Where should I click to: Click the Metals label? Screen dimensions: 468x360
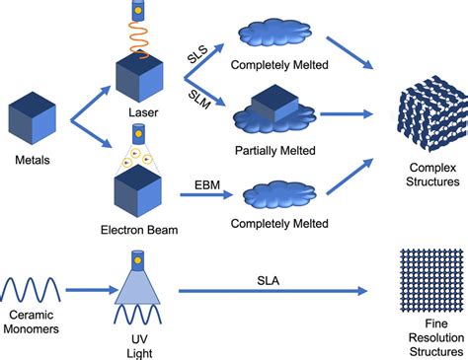(x=33, y=160)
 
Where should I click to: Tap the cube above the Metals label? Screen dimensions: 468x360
(x=33, y=118)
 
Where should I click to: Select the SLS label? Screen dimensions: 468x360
(x=197, y=54)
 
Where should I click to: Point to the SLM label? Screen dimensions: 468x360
(x=199, y=100)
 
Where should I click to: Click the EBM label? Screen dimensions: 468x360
(x=207, y=185)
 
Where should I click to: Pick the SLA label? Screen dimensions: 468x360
(x=268, y=281)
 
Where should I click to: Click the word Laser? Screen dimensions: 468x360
(x=143, y=112)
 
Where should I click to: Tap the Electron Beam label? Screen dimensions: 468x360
(x=139, y=230)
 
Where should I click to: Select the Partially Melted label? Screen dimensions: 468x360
(x=275, y=151)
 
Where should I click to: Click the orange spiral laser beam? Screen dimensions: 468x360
(x=138, y=39)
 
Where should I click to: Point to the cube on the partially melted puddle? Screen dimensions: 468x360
(x=274, y=103)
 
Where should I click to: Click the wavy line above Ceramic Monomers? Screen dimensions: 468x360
(x=31, y=289)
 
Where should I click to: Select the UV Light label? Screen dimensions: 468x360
(x=139, y=346)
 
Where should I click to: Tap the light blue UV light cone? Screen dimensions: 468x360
(x=137, y=287)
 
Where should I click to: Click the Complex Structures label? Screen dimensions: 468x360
(x=432, y=175)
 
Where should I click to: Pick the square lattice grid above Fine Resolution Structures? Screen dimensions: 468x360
(x=431, y=280)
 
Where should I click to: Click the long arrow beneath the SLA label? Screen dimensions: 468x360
(x=273, y=291)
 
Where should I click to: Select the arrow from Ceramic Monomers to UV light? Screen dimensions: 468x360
(x=92, y=290)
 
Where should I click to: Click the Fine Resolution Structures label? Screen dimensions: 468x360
(x=436, y=337)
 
